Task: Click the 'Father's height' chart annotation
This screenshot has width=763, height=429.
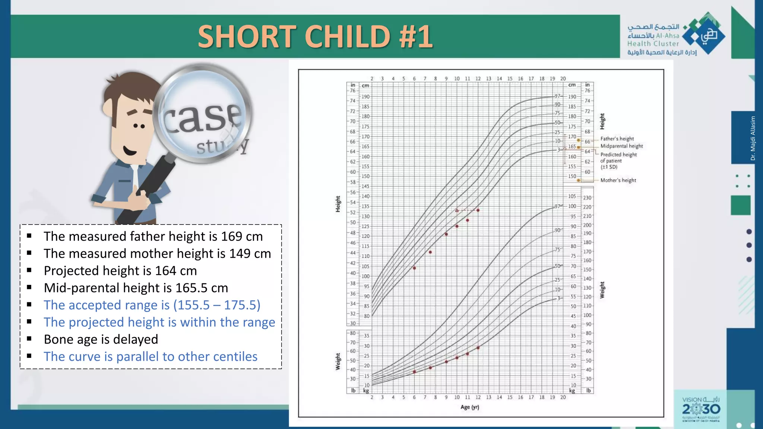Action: (617, 139)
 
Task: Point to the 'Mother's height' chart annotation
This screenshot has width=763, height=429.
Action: (618, 180)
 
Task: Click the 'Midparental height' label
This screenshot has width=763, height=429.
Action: (621, 146)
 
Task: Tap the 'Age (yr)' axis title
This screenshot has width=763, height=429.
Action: (469, 407)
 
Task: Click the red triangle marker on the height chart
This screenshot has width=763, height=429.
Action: (457, 210)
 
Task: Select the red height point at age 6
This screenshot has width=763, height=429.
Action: (414, 268)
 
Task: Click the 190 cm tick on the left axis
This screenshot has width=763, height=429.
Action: (365, 97)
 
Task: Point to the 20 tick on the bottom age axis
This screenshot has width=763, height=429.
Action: (563, 397)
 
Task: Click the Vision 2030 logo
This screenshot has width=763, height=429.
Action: (701, 409)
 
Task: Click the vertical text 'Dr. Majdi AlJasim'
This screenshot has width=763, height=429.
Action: (753, 138)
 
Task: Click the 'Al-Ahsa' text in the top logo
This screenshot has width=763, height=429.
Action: (667, 36)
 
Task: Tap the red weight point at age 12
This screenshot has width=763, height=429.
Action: (478, 348)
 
